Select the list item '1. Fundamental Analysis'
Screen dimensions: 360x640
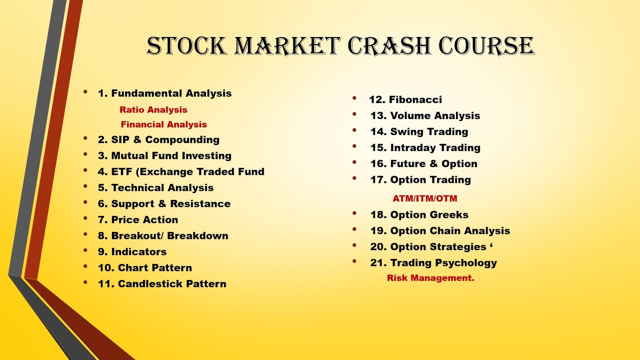164,93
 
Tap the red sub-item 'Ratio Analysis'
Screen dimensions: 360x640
153,110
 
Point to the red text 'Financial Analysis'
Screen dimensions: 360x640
163,124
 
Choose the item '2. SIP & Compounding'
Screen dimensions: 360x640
158,140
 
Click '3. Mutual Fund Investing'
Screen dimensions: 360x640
164,156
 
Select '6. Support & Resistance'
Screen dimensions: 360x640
164,204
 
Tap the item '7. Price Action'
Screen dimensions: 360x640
138,220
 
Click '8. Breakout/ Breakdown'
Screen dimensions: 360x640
163,236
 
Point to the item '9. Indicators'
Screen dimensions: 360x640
132,252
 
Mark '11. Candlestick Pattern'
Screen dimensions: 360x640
162,284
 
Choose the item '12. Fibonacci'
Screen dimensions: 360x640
405,100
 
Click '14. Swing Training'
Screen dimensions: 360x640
419,132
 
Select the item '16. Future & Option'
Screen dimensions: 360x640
423,164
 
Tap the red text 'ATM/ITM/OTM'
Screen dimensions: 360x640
424,199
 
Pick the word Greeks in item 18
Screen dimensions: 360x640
449,215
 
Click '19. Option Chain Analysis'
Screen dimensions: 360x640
440,231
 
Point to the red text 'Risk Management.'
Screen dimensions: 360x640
430,278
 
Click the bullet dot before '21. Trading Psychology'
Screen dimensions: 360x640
354,261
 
